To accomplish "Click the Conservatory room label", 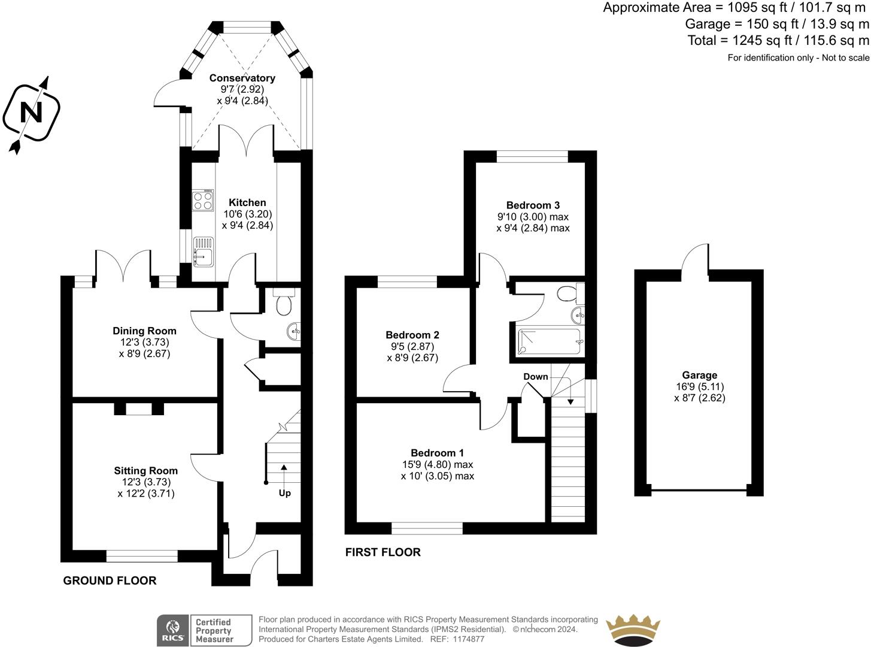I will pyautogui.click(x=242, y=78).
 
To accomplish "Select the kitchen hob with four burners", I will pyautogui.click(x=203, y=200).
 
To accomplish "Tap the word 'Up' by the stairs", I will pyautogui.click(x=284, y=493).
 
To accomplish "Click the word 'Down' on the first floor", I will pyautogui.click(x=535, y=377).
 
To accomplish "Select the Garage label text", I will pyautogui.click(x=699, y=376).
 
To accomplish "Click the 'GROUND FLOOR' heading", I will pyautogui.click(x=110, y=581).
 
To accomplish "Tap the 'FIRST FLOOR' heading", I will pyautogui.click(x=383, y=552).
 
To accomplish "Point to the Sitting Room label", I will pyautogui.click(x=145, y=471).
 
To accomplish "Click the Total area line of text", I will pyautogui.click(x=778, y=41).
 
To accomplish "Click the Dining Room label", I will pyautogui.click(x=144, y=331).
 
